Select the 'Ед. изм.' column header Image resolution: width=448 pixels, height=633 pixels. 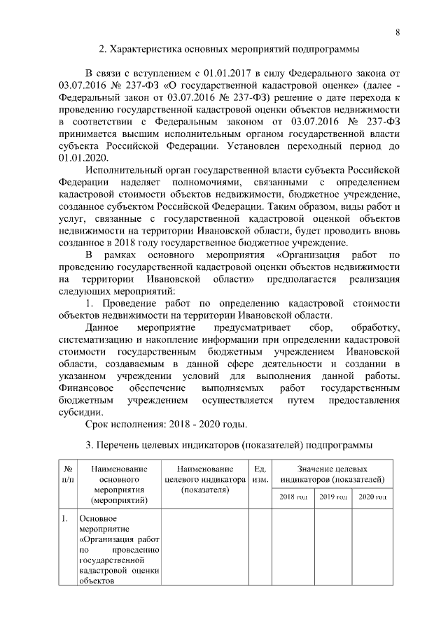[x=259, y=474]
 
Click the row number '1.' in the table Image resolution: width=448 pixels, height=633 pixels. [x=64, y=519]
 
